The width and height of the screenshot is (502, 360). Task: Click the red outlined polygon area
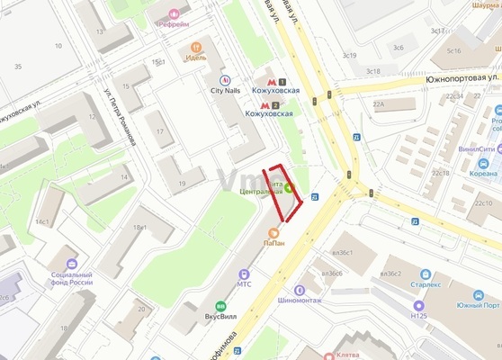point(282,194)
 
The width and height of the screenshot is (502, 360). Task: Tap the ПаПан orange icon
point(273,233)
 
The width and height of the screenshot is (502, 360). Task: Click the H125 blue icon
point(418,304)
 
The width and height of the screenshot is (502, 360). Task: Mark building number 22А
point(378,104)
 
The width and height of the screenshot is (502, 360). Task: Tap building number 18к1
point(139,227)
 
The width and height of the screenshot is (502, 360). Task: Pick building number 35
point(17,67)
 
